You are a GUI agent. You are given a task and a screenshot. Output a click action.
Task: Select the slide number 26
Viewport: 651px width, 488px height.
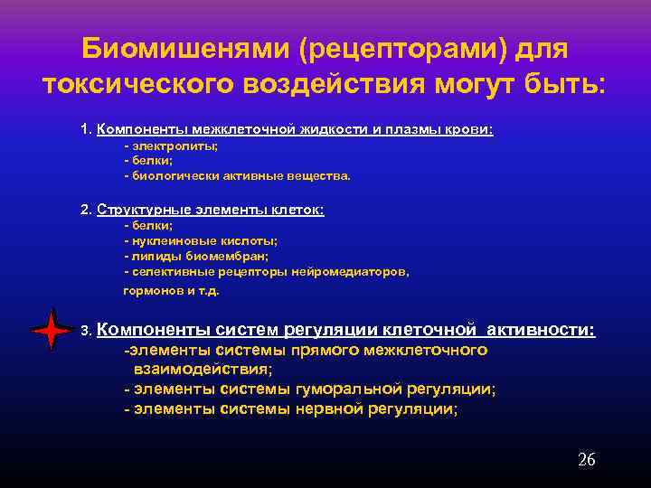click(586, 460)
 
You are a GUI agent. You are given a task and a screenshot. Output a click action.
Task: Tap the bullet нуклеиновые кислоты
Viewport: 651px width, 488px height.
click(203, 240)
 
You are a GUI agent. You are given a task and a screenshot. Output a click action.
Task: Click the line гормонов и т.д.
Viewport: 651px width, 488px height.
click(171, 291)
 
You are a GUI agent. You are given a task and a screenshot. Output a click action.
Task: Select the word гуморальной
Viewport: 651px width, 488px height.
click(348, 389)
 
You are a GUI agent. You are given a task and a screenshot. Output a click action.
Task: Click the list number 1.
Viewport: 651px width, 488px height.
click(85, 129)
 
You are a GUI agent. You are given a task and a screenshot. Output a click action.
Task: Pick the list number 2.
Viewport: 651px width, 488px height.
click(85, 210)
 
